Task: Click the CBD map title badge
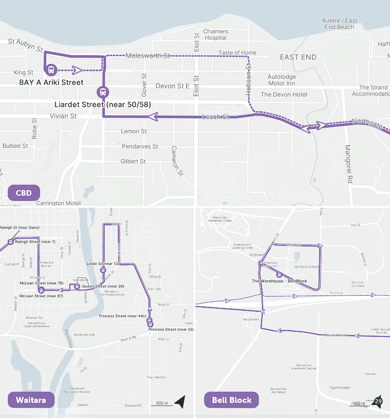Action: coord(24,193)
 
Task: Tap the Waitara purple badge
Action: coord(31,400)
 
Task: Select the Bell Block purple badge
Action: coord(231,400)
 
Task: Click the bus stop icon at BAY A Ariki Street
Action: coord(51,69)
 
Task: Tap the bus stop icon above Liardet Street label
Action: coord(103,92)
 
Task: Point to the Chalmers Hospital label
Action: coord(215,35)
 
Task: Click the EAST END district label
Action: coord(298,57)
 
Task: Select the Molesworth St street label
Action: coord(148,56)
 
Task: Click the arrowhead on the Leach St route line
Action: coord(153,116)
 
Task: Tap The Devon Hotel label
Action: coord(284,94)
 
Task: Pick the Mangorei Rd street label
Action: coord(348,164)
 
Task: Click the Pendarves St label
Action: coord(140,146)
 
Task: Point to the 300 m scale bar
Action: coord(162,404)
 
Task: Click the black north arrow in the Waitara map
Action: coord(180,401)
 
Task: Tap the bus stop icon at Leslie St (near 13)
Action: coord(103,270)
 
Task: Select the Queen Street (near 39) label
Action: coord(103,286)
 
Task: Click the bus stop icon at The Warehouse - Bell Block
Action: coord(279,275)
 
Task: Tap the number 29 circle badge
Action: coord(378,401)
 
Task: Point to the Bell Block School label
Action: coord(307,267)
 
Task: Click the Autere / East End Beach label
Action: coord(339,24)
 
